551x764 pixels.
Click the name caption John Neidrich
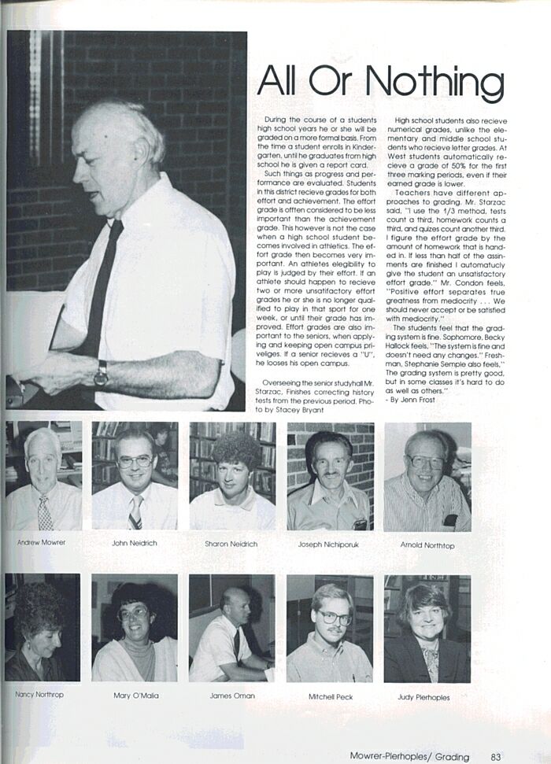135,544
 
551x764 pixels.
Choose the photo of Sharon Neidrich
232,476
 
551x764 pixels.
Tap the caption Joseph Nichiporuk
331,544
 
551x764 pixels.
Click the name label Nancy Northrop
39,695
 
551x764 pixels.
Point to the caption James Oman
232,696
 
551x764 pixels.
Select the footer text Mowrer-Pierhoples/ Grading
409,757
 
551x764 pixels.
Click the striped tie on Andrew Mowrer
45,512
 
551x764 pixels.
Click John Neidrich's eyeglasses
135,462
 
